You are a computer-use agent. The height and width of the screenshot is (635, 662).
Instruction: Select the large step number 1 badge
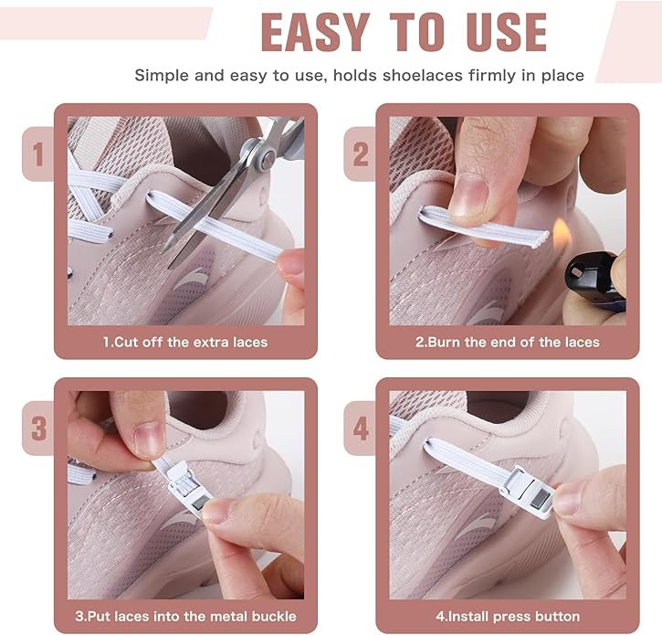38,154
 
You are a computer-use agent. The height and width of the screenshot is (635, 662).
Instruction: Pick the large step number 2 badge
360,154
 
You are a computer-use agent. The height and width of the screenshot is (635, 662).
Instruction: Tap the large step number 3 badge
38,428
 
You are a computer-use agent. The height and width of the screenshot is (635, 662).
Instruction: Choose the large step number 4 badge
360,428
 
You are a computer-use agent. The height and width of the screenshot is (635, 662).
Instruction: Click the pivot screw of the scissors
268,158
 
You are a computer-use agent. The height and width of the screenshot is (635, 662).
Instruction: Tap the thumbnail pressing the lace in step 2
468,195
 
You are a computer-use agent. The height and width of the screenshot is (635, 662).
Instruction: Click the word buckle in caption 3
274,616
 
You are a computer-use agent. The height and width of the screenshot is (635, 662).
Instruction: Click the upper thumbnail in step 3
149,439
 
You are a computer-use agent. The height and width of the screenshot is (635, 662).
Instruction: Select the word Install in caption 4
468,616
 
